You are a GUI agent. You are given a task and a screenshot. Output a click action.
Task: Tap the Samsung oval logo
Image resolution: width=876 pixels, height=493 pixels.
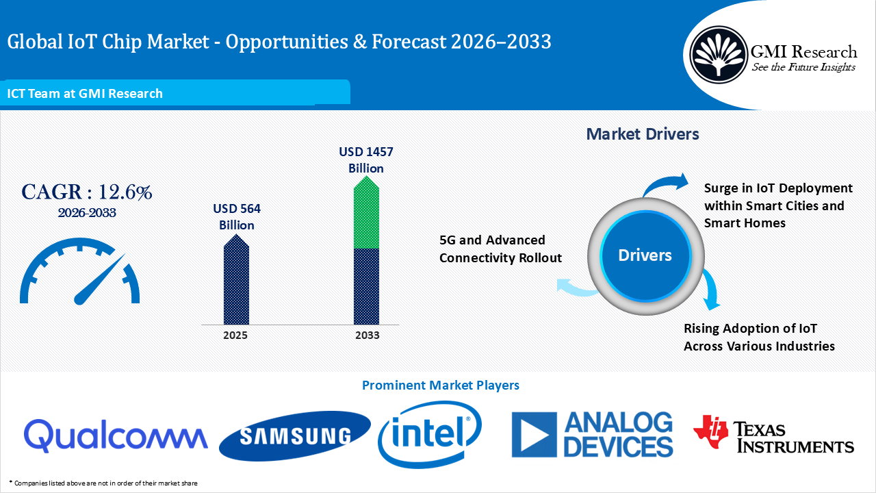tap(294, 435)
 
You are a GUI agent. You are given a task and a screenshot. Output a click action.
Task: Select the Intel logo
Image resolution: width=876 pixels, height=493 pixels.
tap(430, 434)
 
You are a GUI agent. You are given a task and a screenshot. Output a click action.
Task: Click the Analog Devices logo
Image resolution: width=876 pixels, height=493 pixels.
tap(593, 435)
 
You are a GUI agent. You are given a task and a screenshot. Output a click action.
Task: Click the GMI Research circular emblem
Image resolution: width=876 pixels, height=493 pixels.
tap(718, 53)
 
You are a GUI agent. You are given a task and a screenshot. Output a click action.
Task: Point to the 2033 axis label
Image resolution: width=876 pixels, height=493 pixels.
tap(367, 336)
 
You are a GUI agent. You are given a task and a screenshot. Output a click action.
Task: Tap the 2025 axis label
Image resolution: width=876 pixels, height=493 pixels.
tap(235, 336)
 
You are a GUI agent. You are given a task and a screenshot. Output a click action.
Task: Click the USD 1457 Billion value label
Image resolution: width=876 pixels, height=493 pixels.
tap(366, 160)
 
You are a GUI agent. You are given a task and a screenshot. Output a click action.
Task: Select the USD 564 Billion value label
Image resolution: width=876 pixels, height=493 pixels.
tap(237, 216)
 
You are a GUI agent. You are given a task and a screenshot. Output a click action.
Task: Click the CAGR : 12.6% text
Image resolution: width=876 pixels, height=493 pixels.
tap(86, 192)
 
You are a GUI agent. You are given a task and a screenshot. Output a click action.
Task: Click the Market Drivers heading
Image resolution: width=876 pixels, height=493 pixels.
tap(643, 134)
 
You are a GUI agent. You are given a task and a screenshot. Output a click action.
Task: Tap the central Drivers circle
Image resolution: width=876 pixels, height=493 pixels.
tap(645, 255)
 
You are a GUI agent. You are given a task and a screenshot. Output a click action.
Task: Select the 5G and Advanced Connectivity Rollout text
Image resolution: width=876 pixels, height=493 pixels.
tap(500, 249)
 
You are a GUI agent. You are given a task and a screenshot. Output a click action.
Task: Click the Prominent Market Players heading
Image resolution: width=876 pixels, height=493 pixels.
tap(440, 385)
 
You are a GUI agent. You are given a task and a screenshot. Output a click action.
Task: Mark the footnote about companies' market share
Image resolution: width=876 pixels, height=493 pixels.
tap(103, 483)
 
